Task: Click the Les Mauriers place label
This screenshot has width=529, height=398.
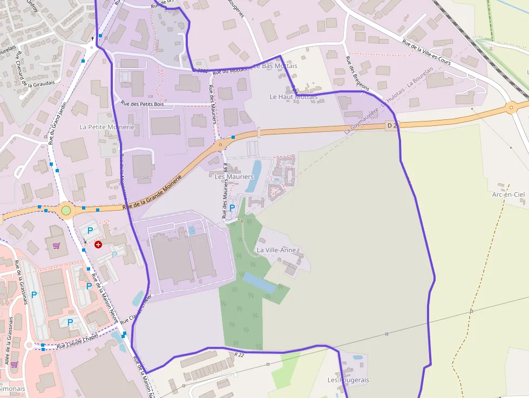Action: [234, 177]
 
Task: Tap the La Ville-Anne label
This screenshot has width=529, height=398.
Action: [276, 250]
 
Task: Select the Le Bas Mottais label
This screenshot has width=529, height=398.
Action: [275, 66]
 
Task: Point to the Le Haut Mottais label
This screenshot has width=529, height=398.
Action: [294, 97]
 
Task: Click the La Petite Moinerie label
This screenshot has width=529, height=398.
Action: [106, 127]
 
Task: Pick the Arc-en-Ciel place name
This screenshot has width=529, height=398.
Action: [508, 194]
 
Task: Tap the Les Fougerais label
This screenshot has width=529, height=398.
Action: [348, 380]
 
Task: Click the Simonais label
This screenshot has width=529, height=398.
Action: [12, 388]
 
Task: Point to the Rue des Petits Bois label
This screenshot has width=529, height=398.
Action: [143, 104]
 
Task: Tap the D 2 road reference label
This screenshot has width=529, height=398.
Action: [392, 126]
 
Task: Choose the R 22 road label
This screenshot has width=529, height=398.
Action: [240, 355]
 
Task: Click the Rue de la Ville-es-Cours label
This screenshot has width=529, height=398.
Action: [426, 52]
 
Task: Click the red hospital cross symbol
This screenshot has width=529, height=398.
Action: [98, 245]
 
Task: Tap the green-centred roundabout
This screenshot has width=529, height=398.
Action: [66, 210]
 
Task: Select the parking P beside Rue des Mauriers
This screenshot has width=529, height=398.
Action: [232, 207]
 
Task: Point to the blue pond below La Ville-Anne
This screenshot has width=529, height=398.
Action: [259, 283]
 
